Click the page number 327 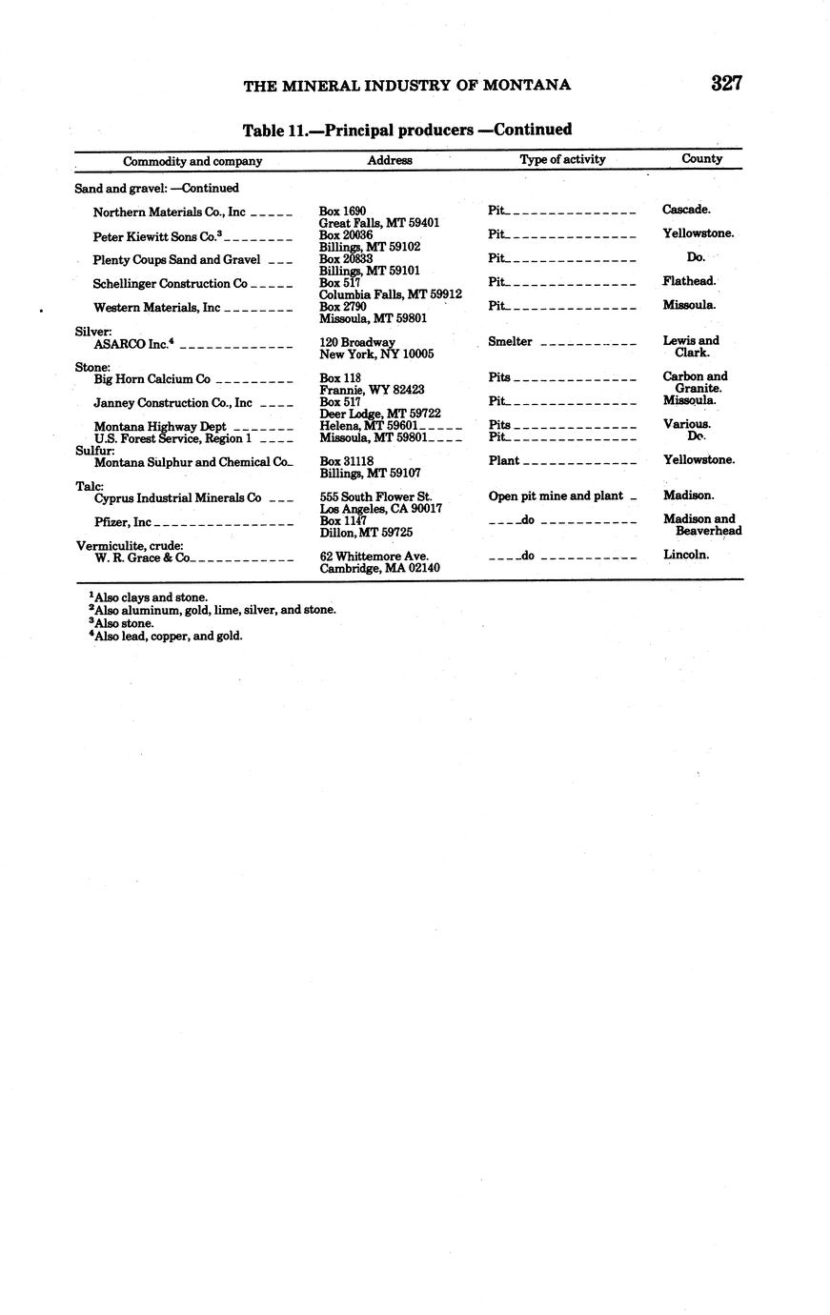coord(726,84)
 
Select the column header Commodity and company coord(192,161)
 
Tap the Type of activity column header coord(562,160)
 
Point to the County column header coord(701,159)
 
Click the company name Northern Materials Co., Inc coord(169,212)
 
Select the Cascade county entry coord(686,210)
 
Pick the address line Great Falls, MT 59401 coord(378,223)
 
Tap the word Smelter coord(510,342)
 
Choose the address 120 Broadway coord(357,342)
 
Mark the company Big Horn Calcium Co coord(152,379)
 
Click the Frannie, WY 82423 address coord(372,390)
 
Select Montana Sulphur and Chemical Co coord(192,462)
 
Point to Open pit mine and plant coord(556,496)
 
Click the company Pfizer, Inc coord(123,522)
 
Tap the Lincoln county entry coord(686,555)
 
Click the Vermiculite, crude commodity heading coord(130,546)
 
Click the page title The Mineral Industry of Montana coord(407,86)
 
